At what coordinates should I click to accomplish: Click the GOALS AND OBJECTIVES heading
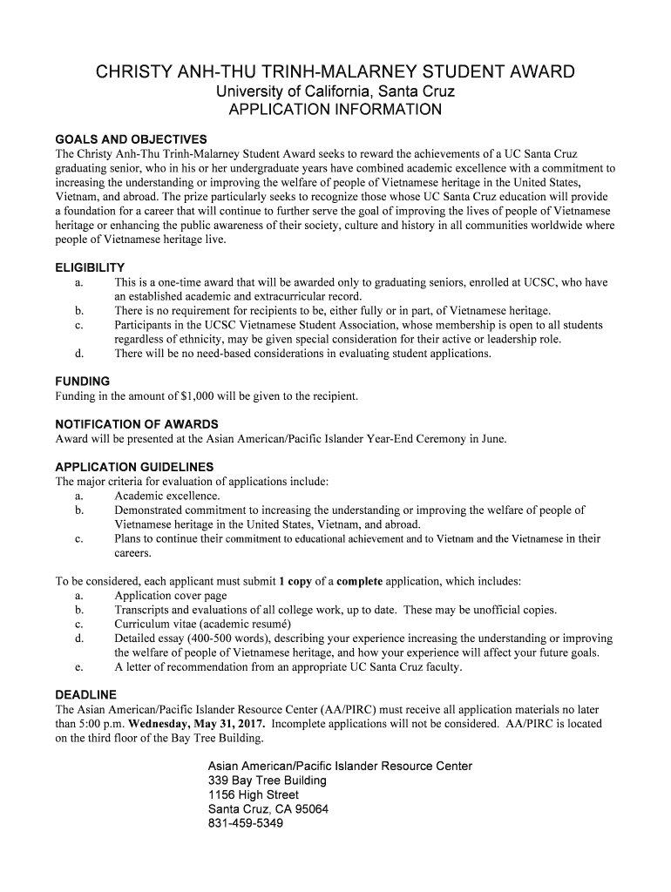[131, 139]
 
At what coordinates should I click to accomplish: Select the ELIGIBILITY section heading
[90, 267]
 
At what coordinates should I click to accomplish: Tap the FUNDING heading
[82, 382]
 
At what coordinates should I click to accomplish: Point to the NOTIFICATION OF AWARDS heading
[137, 424]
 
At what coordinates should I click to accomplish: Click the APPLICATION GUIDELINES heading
[134, 467]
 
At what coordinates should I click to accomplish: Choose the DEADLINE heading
[85, 695]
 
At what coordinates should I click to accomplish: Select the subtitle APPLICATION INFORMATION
[335, 111]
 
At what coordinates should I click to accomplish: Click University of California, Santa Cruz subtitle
[335, 91]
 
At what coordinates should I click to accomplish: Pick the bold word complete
[359, 580]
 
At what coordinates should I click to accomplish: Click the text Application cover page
[170, 595]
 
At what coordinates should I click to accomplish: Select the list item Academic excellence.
[166, 496]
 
